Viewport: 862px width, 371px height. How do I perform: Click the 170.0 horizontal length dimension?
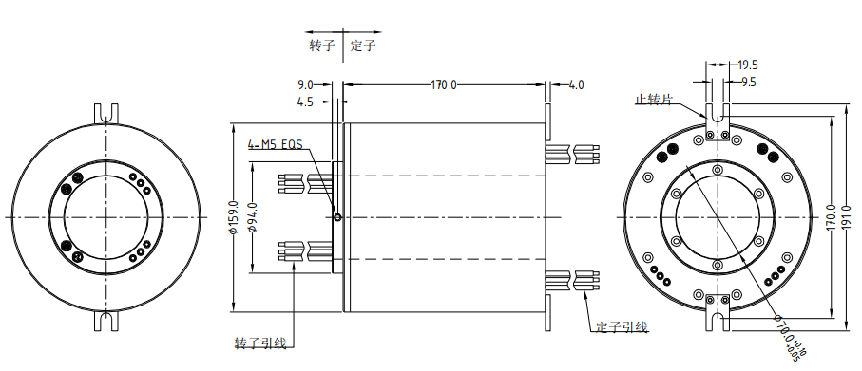[x=444, y=85]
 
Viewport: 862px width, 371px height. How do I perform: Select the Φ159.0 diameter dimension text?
[x=235, y=217]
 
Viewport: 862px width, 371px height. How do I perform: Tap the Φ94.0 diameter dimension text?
[x=254, y=217]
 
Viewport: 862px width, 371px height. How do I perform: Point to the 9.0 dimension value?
[x=305, y=85]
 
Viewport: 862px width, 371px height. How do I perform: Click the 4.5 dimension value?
[x=305, y=102]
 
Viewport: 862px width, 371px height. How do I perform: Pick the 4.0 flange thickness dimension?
[x=576, y=85]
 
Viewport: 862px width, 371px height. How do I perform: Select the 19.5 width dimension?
[x=748, y=65]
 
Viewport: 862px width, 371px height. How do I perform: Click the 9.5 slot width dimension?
[x=748, y=82]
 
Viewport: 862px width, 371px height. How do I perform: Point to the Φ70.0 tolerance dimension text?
[x=790, y=338]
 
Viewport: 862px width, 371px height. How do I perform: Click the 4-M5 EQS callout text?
[x=275, y=145]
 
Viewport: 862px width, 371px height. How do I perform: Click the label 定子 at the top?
[x=363, y=46]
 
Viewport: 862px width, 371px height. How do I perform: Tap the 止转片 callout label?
[x=654, y=100]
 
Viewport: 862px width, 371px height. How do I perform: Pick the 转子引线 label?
[x=260, y=343]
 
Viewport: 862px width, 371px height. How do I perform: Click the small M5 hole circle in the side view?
[x=337, y=217]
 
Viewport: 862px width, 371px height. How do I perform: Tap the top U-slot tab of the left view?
[x=106, y=114]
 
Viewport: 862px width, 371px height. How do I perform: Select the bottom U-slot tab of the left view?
[x=106, y=321]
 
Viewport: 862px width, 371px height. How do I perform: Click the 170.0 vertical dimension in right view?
[x=832, y=217]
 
